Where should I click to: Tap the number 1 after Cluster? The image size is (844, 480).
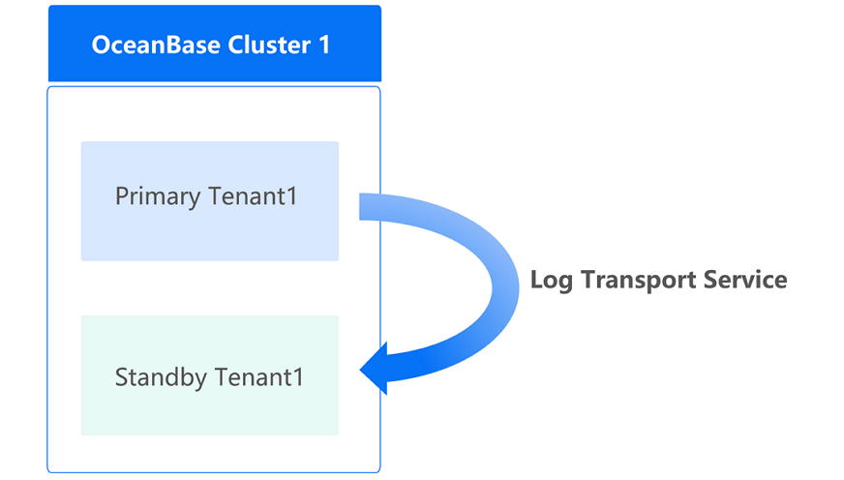(324, 45)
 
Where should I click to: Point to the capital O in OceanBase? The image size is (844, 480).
(100, 45)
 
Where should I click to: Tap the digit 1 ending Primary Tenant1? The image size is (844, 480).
(290, 196)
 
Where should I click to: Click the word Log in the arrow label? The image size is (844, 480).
(550, 281)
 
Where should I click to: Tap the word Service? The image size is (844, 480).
(747, 280)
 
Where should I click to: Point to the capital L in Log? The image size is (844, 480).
(536, 280)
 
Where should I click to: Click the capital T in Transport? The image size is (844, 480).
(584, 280)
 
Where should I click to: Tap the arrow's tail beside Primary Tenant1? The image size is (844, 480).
(367, 206)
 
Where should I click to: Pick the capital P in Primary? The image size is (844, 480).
(122, 196)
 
